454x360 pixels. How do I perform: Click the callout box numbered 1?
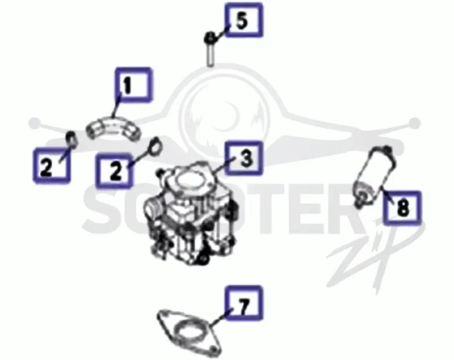coord(133,84)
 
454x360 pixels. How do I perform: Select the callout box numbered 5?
coord(244,20)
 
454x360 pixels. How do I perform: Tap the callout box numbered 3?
coord(244,158)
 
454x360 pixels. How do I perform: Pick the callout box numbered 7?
coord(244,303)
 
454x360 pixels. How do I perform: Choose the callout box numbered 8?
coord(402,207)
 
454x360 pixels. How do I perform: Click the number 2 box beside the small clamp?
coord(52,166)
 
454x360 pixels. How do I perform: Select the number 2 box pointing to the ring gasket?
coord(115,171)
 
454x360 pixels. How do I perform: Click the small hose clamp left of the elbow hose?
coord(72,139)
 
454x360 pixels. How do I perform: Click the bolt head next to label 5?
coord(210,37)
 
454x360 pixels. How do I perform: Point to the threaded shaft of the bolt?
coord(211,54)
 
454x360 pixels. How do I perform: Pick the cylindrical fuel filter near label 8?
coord(375,176)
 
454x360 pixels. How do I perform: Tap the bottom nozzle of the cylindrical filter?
coord(359,201)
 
